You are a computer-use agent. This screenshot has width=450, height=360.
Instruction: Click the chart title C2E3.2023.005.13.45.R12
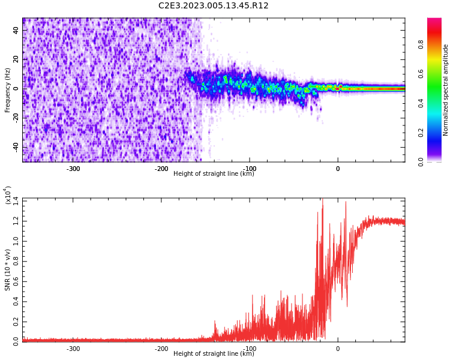click(x=213, y=5)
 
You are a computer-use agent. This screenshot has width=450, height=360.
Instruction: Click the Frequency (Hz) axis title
click(x=7, y=90)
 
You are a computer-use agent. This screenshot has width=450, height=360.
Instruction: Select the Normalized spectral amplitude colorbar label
click(x=445, y=90)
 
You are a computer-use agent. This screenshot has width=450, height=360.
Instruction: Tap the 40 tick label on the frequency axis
click(x=16, y=30)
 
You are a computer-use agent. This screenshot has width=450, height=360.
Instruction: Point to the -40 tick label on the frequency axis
click(x=16, y=147)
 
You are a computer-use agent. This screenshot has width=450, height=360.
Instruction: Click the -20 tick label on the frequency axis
click(x=16, y=118)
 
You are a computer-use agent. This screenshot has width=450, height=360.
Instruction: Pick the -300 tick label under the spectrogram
click(x=73, y=169)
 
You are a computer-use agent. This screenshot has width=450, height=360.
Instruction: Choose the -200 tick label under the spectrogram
click(x=161, y=169)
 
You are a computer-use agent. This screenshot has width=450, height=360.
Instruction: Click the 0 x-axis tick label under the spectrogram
click(x=338, y=169)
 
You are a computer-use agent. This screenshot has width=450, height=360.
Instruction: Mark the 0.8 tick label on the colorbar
click(x=421, y=44)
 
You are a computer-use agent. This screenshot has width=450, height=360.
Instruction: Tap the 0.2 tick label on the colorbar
click(x=421, y=133)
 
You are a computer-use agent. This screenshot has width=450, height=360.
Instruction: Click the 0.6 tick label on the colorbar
click(x=421, y=74)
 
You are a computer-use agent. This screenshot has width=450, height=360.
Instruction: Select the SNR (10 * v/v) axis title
click(x=7, y=269)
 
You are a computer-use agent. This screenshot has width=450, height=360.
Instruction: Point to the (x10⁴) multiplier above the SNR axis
click(x=7, y=195)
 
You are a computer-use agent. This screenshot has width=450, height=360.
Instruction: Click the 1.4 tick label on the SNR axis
click(x=16, y=201)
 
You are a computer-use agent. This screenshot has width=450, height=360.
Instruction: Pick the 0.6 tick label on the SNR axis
click(x=16, y=281)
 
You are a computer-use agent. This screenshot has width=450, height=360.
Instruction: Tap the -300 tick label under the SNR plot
click(x=73, y=349)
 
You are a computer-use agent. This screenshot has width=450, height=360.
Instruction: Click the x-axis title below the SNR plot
click(x=214, y=353)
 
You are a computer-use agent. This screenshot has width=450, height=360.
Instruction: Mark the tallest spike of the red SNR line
click(x=323, y=199)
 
